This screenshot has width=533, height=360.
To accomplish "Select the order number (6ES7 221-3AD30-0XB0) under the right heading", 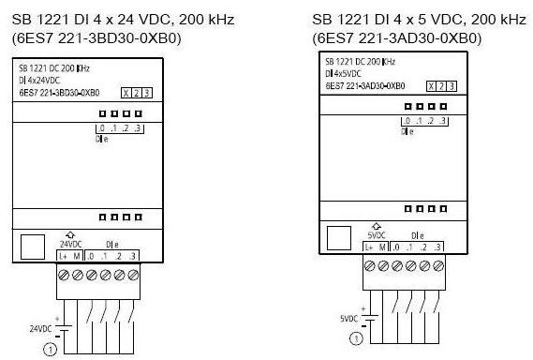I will point(396,38).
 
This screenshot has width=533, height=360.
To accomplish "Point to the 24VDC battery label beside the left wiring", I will point(41,327).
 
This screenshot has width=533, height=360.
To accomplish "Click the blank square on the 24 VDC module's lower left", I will point(33,246).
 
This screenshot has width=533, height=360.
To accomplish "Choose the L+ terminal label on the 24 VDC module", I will point(63,256).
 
